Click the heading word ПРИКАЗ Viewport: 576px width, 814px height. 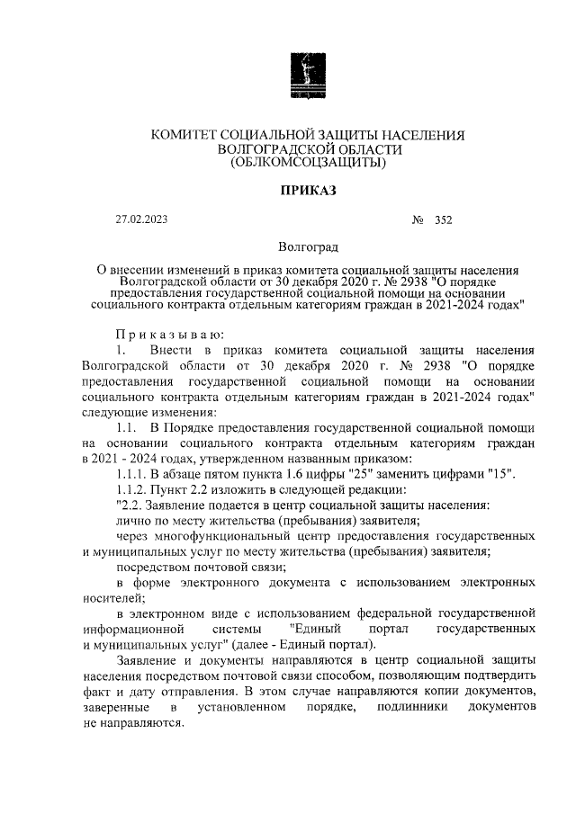(x=307, y=192)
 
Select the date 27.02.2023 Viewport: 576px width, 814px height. (x=142, y=219)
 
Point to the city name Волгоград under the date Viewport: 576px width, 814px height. (x=309, y=246)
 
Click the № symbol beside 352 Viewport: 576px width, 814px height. (x=417, y=219)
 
